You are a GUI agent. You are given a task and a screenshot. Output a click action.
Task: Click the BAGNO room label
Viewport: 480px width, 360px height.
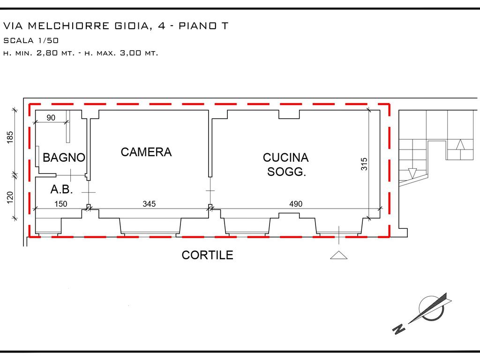(64, 157)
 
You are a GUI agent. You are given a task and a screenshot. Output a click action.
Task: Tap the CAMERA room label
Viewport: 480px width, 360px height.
(146, 152)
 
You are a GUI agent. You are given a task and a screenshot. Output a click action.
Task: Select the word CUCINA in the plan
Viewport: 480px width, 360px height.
(285, 157)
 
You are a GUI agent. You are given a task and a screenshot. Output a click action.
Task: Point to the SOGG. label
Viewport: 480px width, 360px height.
(286, 172)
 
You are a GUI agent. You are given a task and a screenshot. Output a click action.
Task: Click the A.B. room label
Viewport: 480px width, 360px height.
(61, 189)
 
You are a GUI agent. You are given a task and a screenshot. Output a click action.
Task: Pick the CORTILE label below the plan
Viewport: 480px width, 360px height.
(207, 255)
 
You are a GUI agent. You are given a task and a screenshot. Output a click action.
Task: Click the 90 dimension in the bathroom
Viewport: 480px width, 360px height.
(51, 118)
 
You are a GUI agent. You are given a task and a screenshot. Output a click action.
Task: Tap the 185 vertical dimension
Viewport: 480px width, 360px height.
(10, 137)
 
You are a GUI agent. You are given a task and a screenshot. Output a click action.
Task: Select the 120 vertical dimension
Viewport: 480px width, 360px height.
(10, 197)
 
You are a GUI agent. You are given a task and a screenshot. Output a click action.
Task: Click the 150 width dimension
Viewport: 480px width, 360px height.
(60, 204)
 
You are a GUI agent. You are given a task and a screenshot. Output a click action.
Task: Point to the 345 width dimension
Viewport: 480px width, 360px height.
(149, 204)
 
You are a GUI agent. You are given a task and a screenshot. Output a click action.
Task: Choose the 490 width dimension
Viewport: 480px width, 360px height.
(296, 204)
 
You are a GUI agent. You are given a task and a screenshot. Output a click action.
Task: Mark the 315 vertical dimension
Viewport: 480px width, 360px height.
(364, 164)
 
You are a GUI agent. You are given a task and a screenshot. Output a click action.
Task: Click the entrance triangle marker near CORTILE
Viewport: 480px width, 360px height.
(338, 255)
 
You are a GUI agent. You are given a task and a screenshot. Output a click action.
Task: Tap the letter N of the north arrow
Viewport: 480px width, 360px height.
(399, 329)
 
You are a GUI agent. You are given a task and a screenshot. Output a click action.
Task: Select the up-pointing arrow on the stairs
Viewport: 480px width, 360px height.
(460, 144)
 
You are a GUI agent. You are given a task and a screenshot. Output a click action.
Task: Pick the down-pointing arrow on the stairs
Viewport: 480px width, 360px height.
(412, 173)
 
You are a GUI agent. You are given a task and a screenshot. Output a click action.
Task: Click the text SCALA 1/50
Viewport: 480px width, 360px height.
(31, 40)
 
